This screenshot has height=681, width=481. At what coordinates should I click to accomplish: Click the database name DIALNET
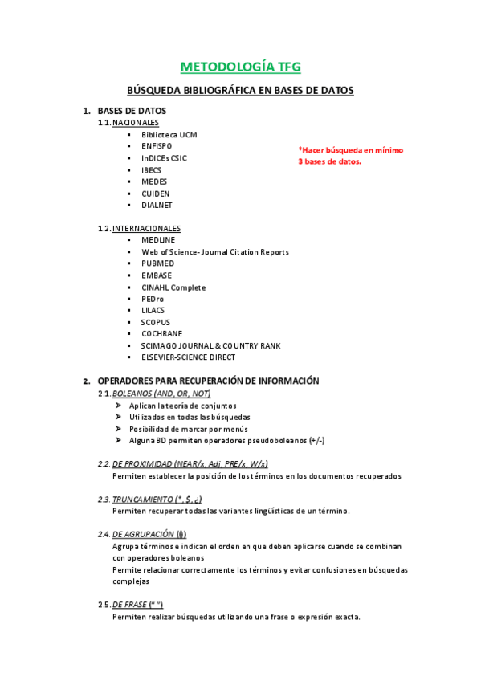tap(157, 205)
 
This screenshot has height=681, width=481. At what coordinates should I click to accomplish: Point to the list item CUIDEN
tap(156, 194)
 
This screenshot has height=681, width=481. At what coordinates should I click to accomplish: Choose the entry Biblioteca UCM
tap(169, 135)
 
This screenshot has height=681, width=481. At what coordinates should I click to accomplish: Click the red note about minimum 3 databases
tap(350, 156)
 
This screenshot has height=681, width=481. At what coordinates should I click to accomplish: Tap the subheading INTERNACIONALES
tap(146, 228)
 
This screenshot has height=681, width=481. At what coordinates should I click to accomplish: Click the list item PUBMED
tap(157, 263)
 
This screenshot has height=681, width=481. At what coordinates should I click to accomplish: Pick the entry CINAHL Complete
tap(173, 287)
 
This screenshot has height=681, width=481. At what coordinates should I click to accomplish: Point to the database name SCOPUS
tap(156, 322)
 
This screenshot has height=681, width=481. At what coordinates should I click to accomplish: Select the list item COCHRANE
tap(161, 333)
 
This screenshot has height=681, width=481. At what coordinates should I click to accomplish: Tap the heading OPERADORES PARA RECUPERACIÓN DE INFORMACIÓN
tap(208, 381)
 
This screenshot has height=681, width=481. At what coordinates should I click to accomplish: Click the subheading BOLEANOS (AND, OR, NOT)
tap(161, 394)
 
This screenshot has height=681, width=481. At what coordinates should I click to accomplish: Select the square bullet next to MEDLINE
tap(128, 240)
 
